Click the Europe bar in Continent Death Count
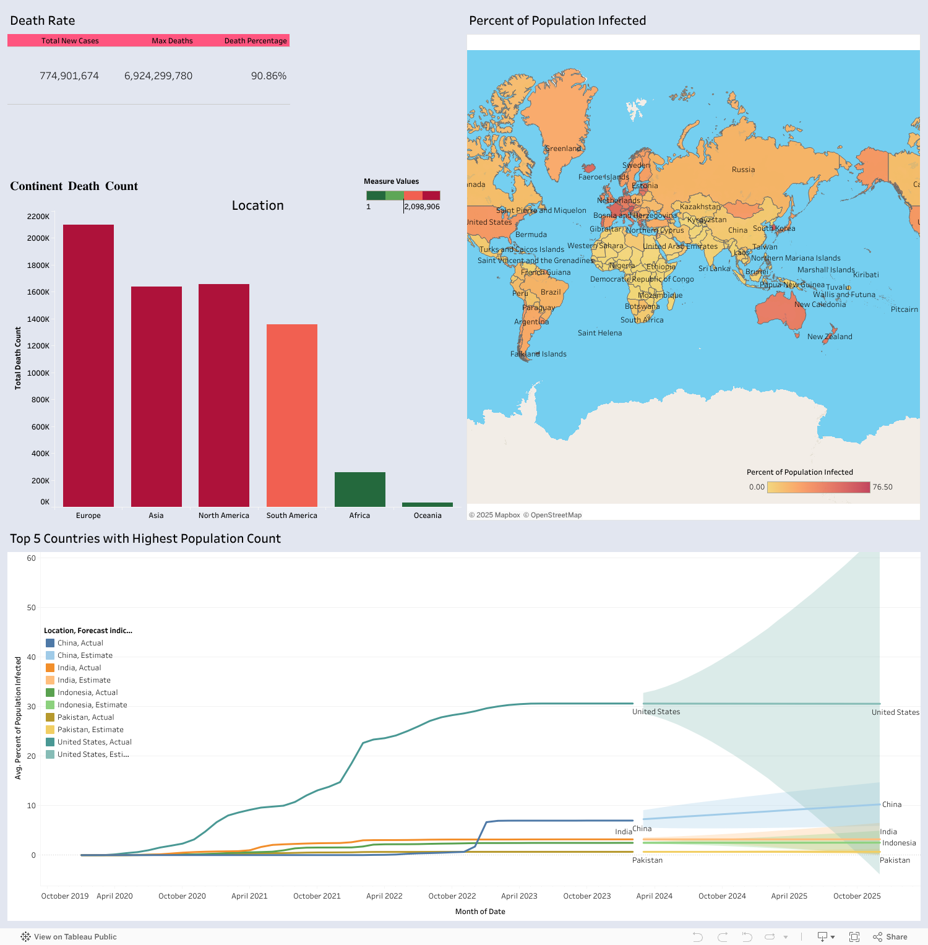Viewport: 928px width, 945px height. coord(88,365)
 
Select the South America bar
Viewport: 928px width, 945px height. coord(292,415)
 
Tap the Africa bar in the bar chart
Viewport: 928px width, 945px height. coord(359,489)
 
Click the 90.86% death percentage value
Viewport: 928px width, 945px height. coord(269,76)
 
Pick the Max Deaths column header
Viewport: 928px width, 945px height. coord(172,41)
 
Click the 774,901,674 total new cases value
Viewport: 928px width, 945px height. coord(69,76)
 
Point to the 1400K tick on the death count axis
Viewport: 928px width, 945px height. coord(38,319)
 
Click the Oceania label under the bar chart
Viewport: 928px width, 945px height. coord(427,516)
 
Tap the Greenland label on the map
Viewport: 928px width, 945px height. coord(563,149)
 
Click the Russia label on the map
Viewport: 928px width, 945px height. coord(743,170)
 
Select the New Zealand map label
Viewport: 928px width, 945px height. coord(830,337)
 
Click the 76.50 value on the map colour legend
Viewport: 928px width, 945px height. coord(882,487)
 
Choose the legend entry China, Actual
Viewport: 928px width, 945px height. coord(80,643)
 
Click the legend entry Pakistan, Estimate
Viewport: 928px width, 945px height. coord(90,730)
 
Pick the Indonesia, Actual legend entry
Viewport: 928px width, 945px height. coord(87,693)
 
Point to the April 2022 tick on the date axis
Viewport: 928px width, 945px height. coord(384,896)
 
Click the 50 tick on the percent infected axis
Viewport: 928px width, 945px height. coord(31,608)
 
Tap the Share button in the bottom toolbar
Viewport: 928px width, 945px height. coord(890,937)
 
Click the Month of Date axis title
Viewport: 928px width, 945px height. coord(480,912)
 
